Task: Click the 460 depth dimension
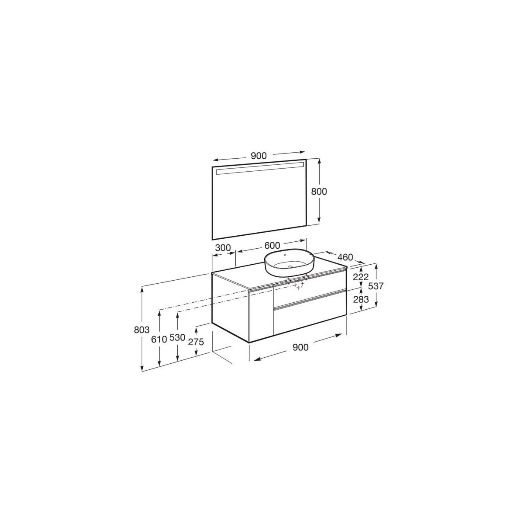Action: (344, 257)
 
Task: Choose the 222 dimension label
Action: (361, 277)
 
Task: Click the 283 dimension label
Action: (361, 299)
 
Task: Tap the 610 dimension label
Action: (159, 339)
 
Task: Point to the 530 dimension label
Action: (177, 338)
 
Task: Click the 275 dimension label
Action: (196, 341)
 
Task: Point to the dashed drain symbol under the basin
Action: (298, 284)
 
